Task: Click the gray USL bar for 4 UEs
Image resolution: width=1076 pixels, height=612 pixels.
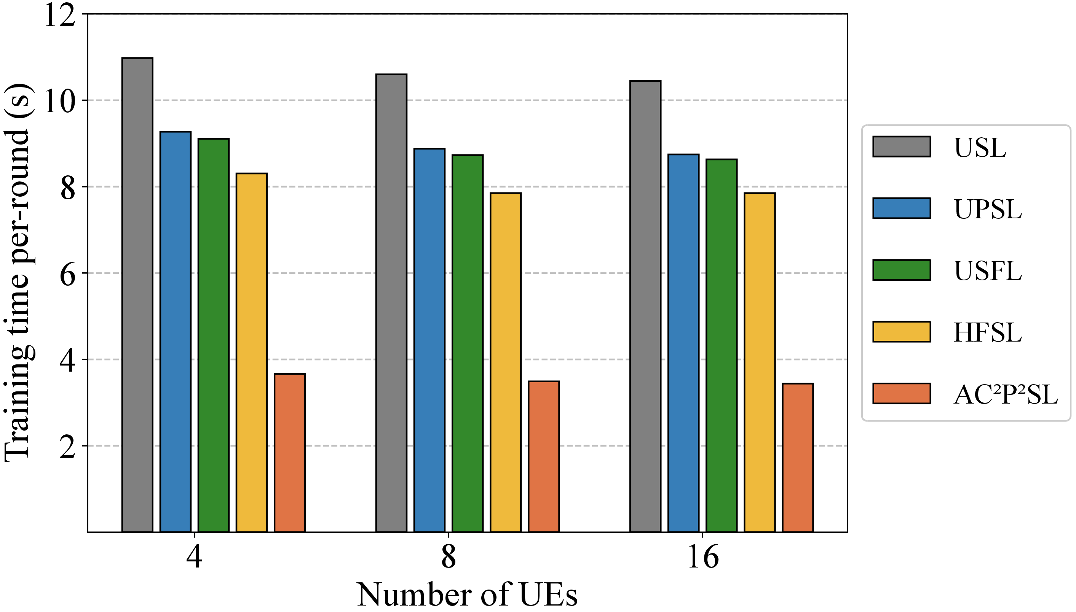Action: point(137,295)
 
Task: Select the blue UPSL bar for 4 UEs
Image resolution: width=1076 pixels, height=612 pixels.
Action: point(176,332)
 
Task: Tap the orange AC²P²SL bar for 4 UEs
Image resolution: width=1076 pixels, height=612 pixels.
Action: point(290,453)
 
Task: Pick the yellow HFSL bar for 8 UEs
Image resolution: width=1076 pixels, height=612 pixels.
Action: point(506,362)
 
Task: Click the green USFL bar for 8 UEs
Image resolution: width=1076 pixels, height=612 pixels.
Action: point(467,343)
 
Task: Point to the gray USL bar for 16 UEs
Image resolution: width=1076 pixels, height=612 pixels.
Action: point(645,307)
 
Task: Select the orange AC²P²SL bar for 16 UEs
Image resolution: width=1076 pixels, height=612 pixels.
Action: point(798,458)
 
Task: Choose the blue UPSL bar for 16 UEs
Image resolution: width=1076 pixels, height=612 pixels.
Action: point(683,343)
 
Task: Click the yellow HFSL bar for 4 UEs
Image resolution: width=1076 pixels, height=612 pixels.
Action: point(252,353)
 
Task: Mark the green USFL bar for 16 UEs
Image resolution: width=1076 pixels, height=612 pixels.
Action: point(722,345)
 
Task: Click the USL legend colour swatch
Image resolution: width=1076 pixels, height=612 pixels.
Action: point(902,146)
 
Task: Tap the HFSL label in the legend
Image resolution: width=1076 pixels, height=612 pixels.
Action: point(987,332)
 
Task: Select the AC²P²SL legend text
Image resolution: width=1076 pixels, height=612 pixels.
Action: point(1005,395)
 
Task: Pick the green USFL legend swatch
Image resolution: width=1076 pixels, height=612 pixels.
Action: point(902,270)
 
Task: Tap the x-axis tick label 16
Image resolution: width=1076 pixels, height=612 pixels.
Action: point(703,557)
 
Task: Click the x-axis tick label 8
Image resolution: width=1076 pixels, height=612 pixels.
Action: point(449,557)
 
